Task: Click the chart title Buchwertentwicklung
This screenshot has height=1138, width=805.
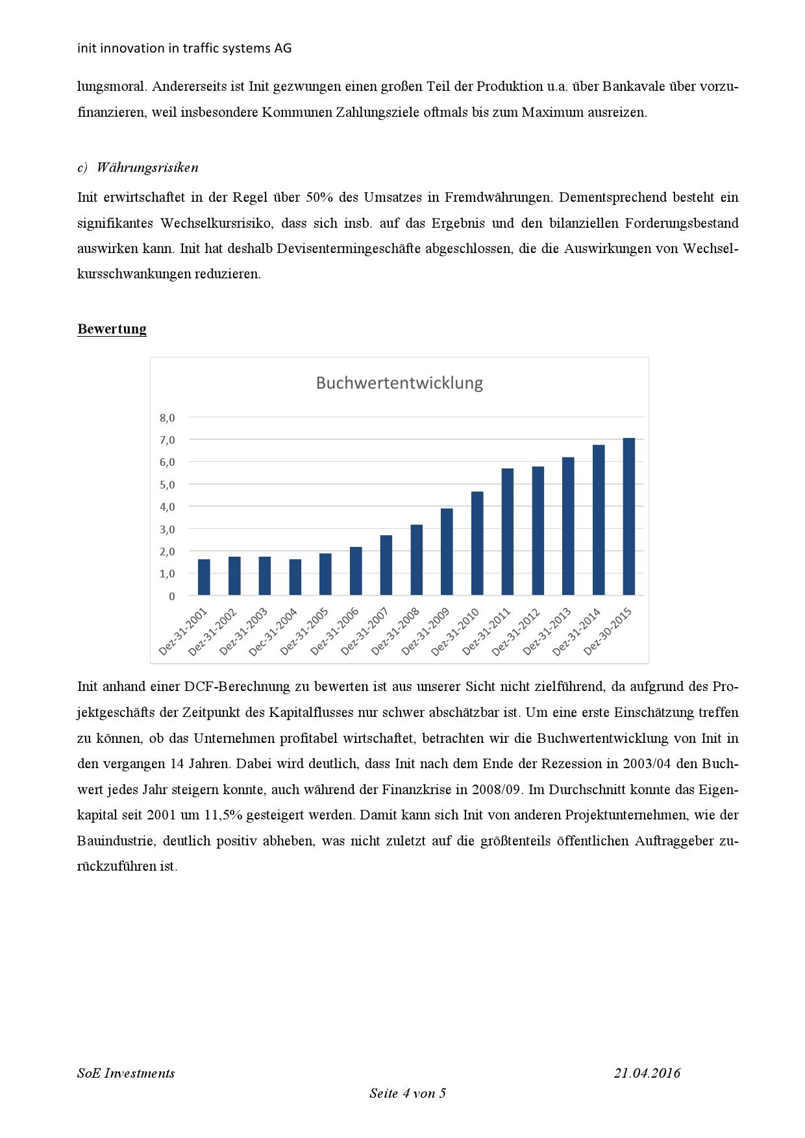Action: [x=399, y=383]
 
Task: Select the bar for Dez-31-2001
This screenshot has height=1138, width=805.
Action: [x=204, y=577]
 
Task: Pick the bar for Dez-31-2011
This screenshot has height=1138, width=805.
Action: [x=508, y=531]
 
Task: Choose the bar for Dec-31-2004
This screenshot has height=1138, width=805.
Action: [x=295, y=577]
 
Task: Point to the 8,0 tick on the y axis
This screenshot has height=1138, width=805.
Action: [x=167, y=418]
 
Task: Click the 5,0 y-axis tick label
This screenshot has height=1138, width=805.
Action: [x=167, y=485]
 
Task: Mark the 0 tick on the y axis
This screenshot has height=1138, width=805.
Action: [x=171, y=596]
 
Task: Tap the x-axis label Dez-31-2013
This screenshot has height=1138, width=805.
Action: [x=547, y=631]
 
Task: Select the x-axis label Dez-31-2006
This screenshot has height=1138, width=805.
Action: [x=334, y=631]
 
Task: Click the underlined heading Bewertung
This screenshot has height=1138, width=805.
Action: [x=112, y=329]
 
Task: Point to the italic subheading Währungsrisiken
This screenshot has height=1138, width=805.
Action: [x=147, y=167]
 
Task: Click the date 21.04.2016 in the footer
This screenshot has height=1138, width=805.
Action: [x=647, y=1073]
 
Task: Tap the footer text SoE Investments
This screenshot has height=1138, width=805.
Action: [x=126, y=1073]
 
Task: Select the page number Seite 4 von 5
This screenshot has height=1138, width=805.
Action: [x=408, y=1093]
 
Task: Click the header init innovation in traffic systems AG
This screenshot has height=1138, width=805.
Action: [x=184, y=48]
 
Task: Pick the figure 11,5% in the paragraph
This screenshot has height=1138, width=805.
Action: [x=205, y=815]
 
